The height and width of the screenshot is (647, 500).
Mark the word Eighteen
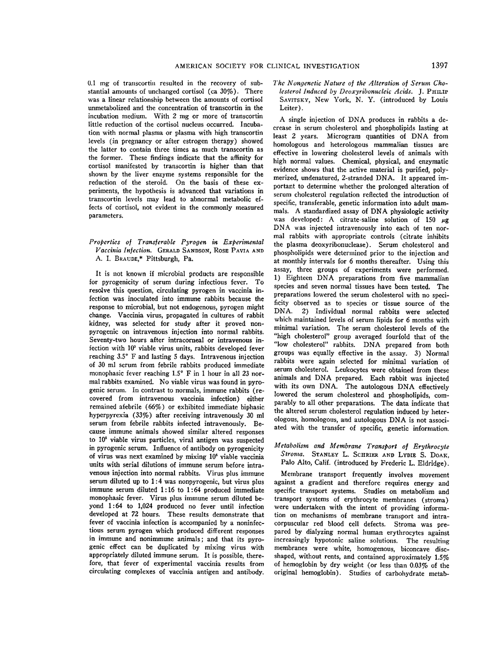(299, 278)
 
